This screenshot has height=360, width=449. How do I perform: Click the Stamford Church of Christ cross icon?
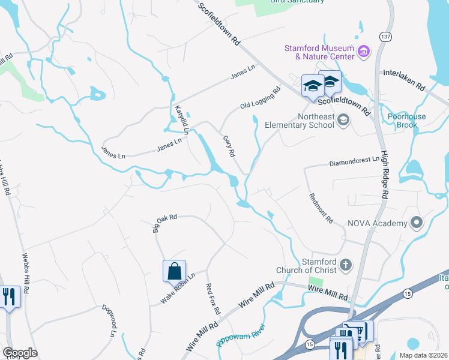tap(345, 265)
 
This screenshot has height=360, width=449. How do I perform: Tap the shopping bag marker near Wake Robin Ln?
tap(174, 271)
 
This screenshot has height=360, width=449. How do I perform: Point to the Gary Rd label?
tap(229, 146)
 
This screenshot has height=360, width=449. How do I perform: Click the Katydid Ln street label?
tap(182, 119)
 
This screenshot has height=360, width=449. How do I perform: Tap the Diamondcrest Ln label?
tap(355, 161)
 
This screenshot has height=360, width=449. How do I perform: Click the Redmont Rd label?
tap(321, 208)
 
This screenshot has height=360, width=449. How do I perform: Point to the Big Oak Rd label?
tap(165, 223)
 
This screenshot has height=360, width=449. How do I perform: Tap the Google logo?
tap(20, 353)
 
